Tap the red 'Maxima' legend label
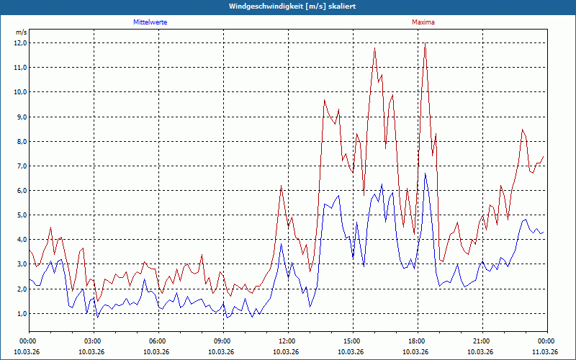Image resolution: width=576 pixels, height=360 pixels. [423, 22]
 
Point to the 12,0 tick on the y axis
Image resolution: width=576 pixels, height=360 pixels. [20, 42]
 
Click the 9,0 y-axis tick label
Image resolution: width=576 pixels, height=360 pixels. [20, 117]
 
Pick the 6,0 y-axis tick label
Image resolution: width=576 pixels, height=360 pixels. [20, 191]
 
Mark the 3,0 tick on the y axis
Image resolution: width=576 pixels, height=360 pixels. [20, 264]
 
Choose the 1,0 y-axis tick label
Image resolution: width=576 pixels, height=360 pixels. [20, 314]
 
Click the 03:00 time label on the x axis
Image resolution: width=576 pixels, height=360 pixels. [92, 341]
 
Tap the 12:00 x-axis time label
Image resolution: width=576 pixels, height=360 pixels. [287, 341]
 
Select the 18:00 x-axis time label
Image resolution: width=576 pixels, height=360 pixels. [416, 341]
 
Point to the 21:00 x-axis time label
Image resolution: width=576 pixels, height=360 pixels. [481, 341]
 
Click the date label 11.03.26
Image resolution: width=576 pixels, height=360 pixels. [546, 351]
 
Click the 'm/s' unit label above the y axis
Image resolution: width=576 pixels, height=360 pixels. [21, 32]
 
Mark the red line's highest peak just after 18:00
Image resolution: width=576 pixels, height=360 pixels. [425, 43]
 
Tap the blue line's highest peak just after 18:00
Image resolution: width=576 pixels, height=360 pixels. [425, 174]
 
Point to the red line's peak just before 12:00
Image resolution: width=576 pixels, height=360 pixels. [281, 186]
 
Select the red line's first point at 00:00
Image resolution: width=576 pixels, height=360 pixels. [29, 249]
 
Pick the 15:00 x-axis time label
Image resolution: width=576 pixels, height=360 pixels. [351, 341]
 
